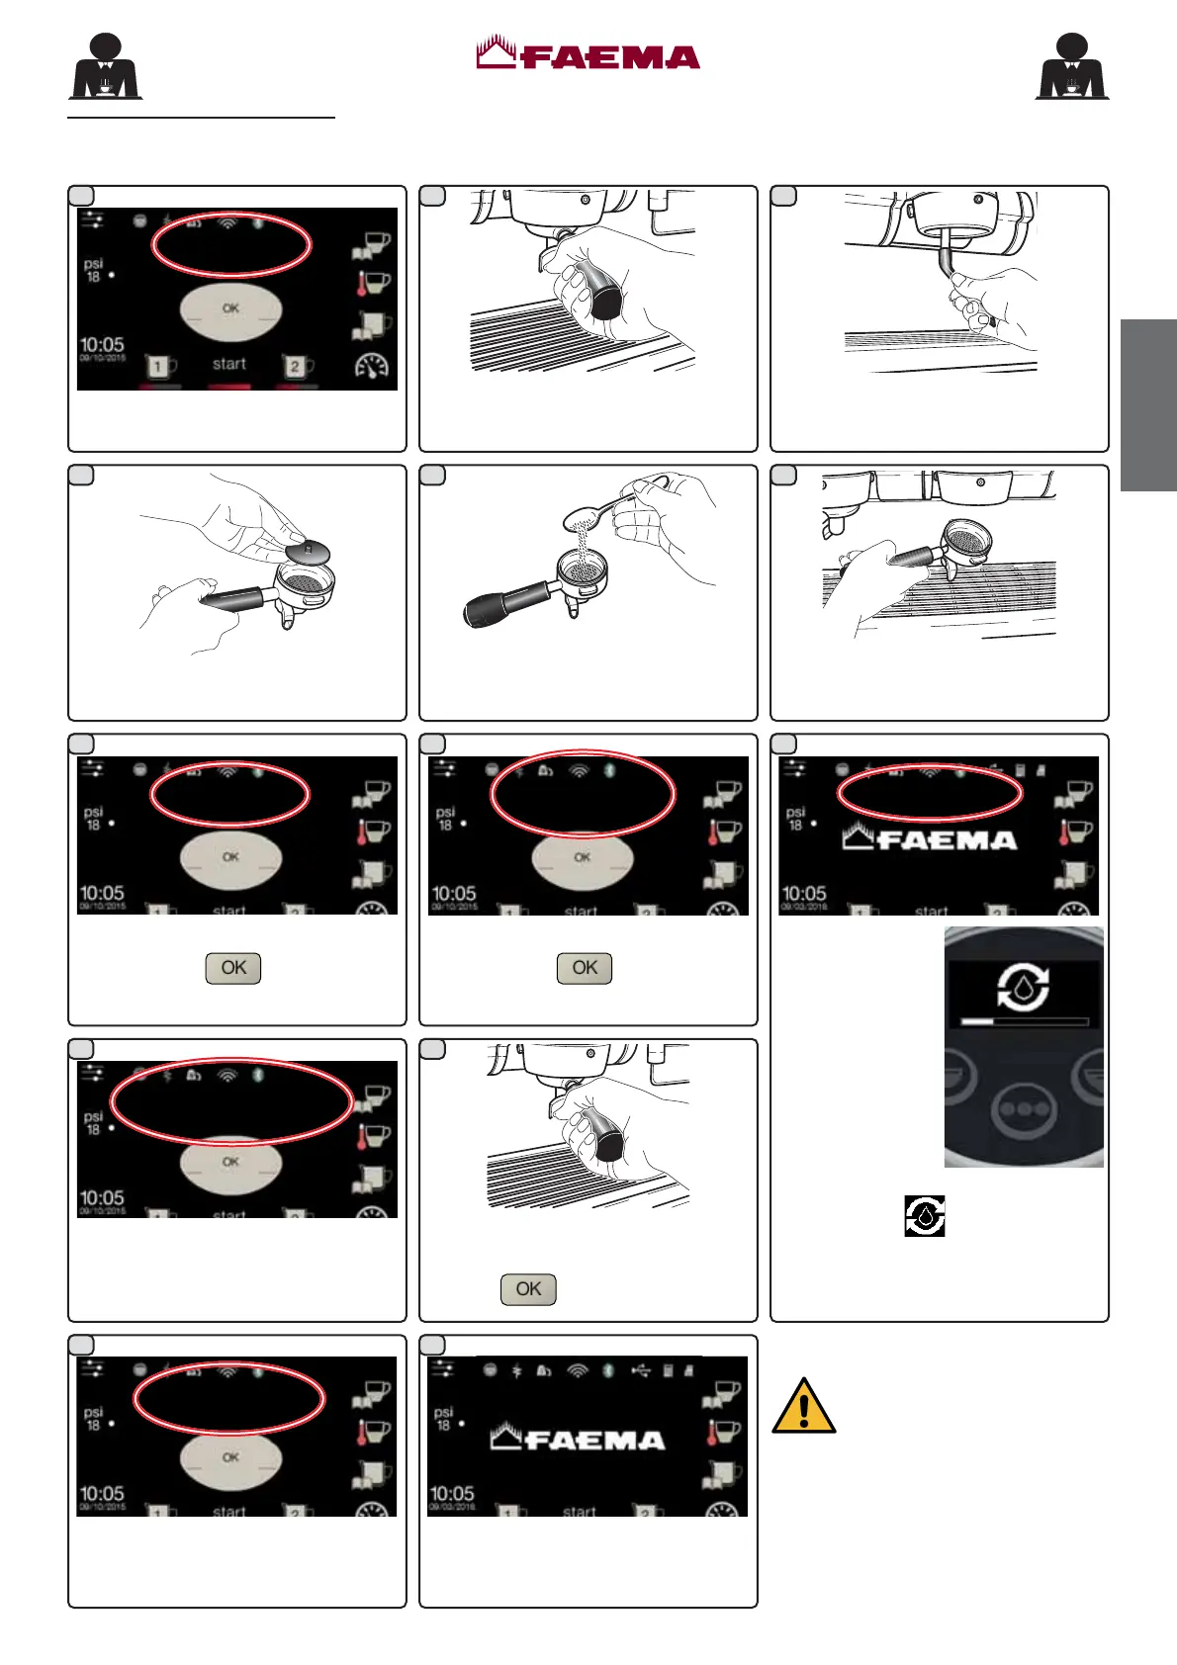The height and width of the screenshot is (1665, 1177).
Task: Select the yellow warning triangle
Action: pyautogui.click(x=804, y=1406)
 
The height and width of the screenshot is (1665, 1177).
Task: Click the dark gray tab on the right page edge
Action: pyautogui.click(x=1148, y=405)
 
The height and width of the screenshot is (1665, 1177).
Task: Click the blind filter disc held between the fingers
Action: pyautogui.click(x=307, y=551)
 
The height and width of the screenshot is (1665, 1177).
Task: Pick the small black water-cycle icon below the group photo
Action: pyautogui.click(x=925, y=1216)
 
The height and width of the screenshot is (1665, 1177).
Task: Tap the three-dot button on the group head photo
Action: pyautogui.click(x=1025, y=1109)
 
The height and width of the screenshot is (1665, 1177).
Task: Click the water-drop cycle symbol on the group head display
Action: pyautogui.click(x=1023, y=986)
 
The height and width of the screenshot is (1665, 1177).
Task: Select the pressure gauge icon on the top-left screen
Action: pyautogui.click(x=372, y=367)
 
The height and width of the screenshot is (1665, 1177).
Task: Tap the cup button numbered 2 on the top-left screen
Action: pyautogui.click(x=296, y=367)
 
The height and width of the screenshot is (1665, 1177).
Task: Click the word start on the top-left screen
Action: pyautogui.click(x=229, y=364)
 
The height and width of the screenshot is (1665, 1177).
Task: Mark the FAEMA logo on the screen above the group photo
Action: pyautogui.click(x=930, y=839)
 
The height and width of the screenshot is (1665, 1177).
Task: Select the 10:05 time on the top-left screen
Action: pyautogui.click(x=102, y=345)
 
